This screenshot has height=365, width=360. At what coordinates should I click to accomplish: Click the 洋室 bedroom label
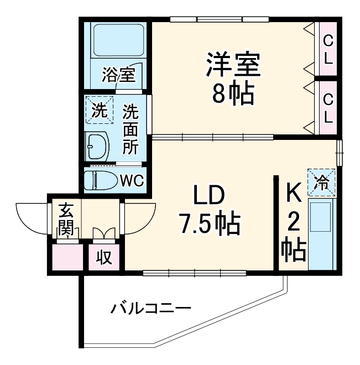click(233, 66)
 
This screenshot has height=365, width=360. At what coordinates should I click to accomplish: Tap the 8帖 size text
click(233, 95)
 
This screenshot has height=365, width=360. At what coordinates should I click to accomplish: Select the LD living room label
click(208, 196)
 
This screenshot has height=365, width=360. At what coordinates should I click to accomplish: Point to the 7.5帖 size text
click(208, 223)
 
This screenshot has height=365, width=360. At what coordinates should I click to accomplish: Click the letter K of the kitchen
click(294, 194)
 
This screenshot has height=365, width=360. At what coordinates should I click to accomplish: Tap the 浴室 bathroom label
click(118, 75)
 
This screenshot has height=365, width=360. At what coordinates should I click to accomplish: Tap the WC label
click(132, 181)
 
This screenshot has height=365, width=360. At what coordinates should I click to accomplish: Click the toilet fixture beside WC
click(100, 180)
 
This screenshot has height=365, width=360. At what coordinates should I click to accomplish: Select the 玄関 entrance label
click(66, 220)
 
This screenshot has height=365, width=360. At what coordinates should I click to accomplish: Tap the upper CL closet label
click(328, 49)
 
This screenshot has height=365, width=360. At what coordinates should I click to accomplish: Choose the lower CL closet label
click(328, 108)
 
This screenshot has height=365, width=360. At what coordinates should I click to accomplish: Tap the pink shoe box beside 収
click(66, 257)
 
